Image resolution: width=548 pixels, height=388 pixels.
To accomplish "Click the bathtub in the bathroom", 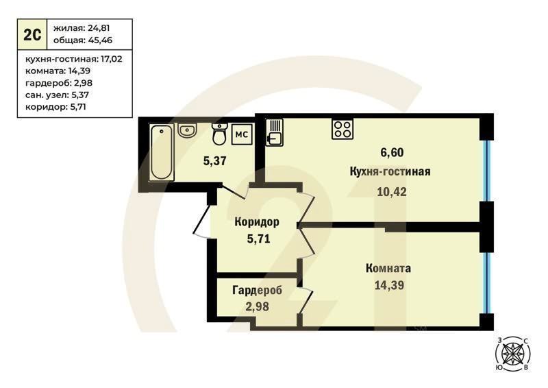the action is [x=162, y=153].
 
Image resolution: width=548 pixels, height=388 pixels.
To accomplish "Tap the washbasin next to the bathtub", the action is [x=188, y=130].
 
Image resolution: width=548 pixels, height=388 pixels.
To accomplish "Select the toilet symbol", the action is [x=219, y=134].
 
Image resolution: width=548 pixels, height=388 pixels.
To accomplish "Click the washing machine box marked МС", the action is [x=242, y=134].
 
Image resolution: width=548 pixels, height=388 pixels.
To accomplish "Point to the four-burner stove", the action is [x=342, y=129].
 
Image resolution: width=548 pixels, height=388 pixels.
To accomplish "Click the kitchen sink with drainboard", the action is [x=275, y=132].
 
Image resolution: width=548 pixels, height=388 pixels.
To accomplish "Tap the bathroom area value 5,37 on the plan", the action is [x=215, y=161].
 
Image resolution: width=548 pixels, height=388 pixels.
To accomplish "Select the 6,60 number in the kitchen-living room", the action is [x=392, y=152].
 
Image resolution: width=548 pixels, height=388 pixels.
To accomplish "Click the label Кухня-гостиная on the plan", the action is [x=390, y=171].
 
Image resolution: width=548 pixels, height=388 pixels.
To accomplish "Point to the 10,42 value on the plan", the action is [x=392, y=192].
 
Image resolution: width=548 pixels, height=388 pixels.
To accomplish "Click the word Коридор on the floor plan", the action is [x=257, y=222].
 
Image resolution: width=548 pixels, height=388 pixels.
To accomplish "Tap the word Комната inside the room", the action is [x=388, y=268].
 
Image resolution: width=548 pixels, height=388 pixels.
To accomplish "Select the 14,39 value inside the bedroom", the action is [x=389, y=285].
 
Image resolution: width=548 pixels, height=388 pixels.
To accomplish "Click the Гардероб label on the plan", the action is [x=258, y=291].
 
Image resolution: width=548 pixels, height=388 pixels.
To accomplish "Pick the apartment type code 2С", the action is [x=32, y=35].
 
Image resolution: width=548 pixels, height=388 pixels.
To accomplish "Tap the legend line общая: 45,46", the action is [x=83, y=40].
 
